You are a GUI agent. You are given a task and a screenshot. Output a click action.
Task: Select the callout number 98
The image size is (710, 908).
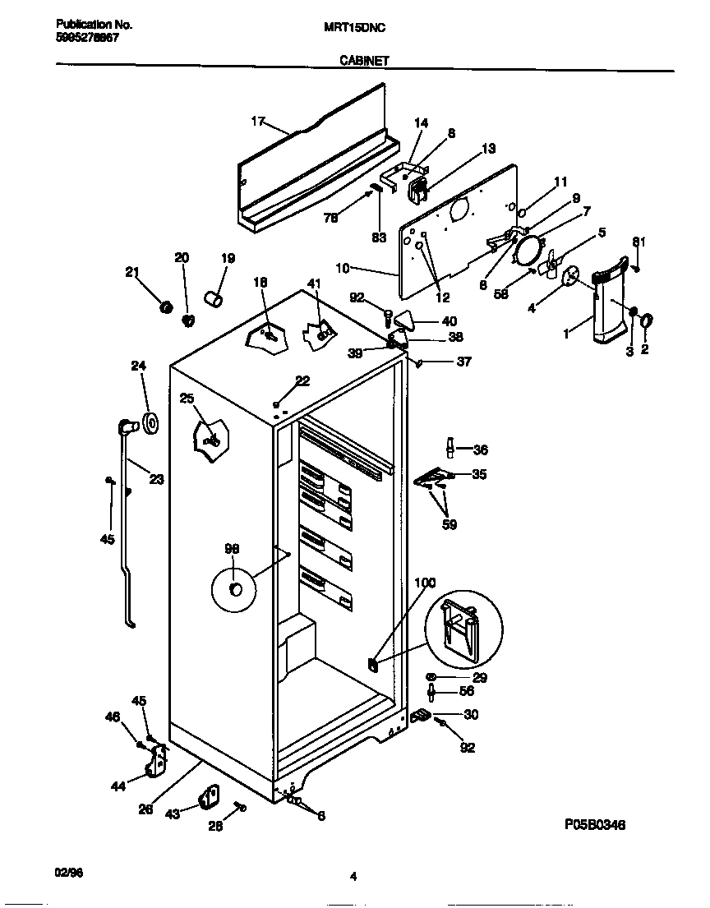(x=233, y=549)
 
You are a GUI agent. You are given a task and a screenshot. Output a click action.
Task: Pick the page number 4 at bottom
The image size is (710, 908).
(x=353, y=877)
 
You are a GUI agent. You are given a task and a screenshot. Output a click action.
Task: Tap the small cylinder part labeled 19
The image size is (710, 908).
(x=214, y=298)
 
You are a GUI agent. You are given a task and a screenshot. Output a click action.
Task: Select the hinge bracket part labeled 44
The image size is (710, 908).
(x=155, y=760)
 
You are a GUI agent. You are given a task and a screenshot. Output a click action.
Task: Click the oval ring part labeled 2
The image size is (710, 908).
(x=646, y=320)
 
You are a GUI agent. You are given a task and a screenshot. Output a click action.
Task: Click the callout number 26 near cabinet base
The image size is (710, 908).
(x=145, y=809)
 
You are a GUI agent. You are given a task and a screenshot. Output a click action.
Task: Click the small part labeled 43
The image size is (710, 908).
(x=210, y=795)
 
